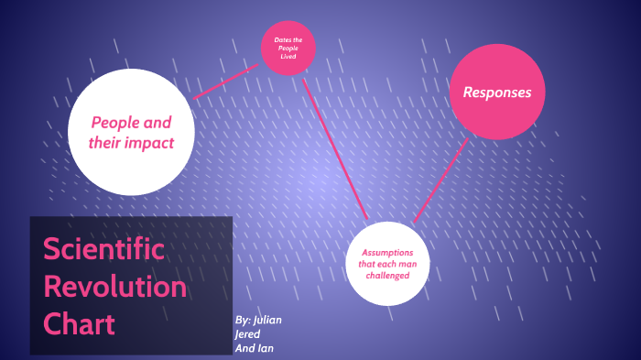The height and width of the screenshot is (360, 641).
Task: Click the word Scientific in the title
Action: click(103, 250)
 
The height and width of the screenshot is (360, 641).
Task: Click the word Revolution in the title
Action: click(114, 287)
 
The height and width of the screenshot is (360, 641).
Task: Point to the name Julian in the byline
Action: click(266, 320)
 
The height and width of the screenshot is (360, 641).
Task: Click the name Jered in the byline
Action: click(248, 333)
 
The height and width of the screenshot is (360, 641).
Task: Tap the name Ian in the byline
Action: click(266, 348)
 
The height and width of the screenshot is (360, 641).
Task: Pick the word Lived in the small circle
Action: click(288, 57)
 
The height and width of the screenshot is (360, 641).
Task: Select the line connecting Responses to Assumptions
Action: click(440, 180)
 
